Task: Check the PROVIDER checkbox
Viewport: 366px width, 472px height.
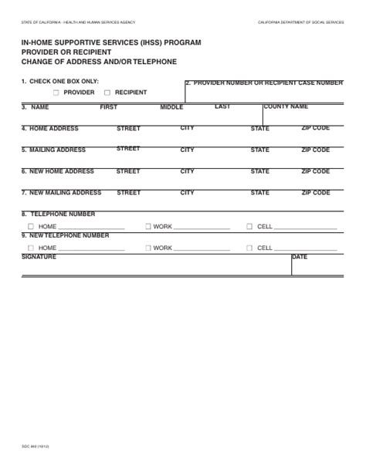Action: tap(57, 92)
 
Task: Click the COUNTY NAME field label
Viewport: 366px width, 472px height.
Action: tap(286, 106)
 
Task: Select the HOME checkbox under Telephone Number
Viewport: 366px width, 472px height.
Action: tap(31, 227)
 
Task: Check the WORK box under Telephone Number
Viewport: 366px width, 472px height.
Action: tap(147, 227)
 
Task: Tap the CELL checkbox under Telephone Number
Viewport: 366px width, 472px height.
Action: tap(249, 227)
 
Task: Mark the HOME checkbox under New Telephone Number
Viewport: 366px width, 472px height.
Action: tap(31, 248)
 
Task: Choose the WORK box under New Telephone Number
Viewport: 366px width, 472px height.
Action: tap(147, 248)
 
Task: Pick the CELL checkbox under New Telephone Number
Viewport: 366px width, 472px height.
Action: tap(249, 248)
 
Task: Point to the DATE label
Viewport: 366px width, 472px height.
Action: tap(300, 257)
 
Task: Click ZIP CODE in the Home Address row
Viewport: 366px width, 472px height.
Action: tap(315, 128)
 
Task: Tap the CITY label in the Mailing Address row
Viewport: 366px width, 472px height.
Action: tap(187, 150)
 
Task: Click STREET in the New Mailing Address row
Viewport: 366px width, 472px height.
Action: tap(128, 192)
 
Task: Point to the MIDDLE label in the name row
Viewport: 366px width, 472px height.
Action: tap(171, 107)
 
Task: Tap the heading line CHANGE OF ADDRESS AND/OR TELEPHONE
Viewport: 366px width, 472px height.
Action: tap(99, 61)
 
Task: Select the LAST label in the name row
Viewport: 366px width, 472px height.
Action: tap(222, 106)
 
